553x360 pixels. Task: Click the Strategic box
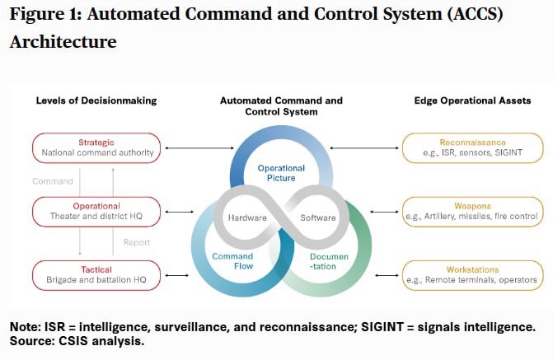(x=96, y=147)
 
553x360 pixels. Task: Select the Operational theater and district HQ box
(x=96, y=212)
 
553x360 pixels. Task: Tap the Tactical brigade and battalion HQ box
(x=96, y=275)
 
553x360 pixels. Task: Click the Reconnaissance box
(x=472, y=147)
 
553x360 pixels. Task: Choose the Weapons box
(x=472, y=212)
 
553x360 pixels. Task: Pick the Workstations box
(x=472, y=275)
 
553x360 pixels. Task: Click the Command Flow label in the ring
(x=232, y=262)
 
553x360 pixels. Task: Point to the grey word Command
(x=53, y=181)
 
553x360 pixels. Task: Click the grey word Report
(x=138, y=243)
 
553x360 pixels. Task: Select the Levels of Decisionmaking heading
(x=96, y=101)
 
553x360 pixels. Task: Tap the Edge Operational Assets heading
(x=472, y=101)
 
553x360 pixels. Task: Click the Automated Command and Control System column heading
(x=281, y=106)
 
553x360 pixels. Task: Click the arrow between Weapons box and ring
(x=378, y=212)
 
